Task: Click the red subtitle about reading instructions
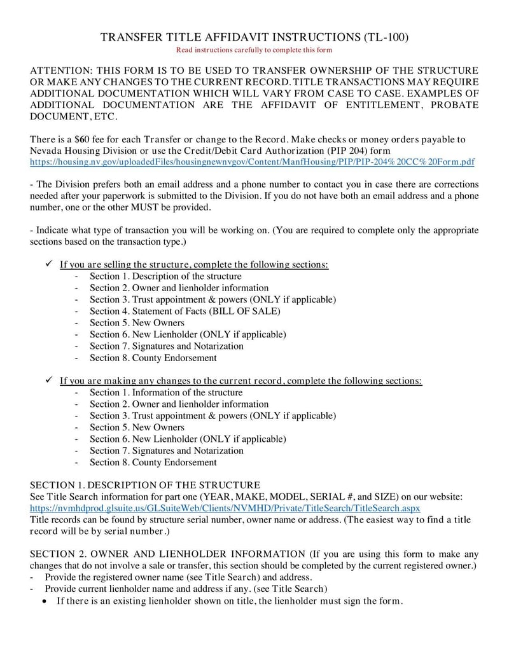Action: (254, 50)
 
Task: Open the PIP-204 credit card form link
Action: (252, 162)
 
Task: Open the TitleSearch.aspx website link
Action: (225, 508)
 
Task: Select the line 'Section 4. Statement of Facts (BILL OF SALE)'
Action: (185, 311)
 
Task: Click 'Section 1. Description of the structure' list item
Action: (165, 276)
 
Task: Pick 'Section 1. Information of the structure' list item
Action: (166, 392)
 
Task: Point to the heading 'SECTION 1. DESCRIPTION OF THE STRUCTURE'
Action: (145, 485)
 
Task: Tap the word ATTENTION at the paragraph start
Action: (59, 70)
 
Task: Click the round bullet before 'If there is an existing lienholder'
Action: (44, 601)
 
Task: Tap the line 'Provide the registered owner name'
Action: (178, 577)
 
